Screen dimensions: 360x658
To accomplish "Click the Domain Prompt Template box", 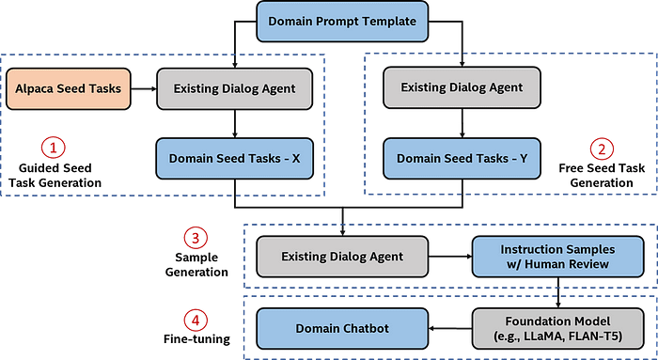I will (x=342, y=20).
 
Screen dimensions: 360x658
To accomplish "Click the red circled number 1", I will (x=54, y=148).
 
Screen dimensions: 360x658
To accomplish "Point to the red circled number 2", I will (x=602, y=148).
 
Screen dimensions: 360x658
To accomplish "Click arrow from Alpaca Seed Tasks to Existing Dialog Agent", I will (x=141, y=89).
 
